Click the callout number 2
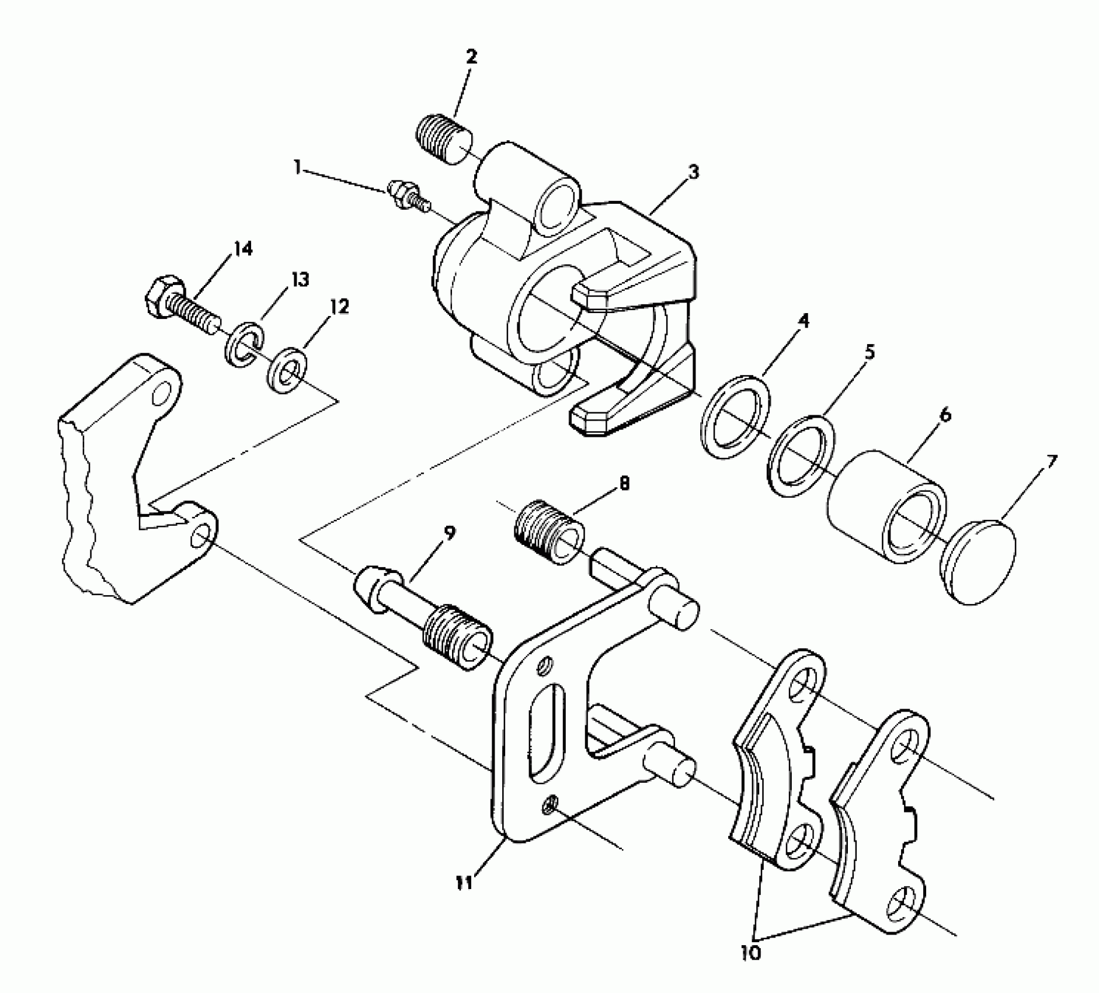tap(471, 57)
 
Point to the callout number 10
tap(751, 953)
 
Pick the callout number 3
tap(693, 172)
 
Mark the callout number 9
tap(448, 533)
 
